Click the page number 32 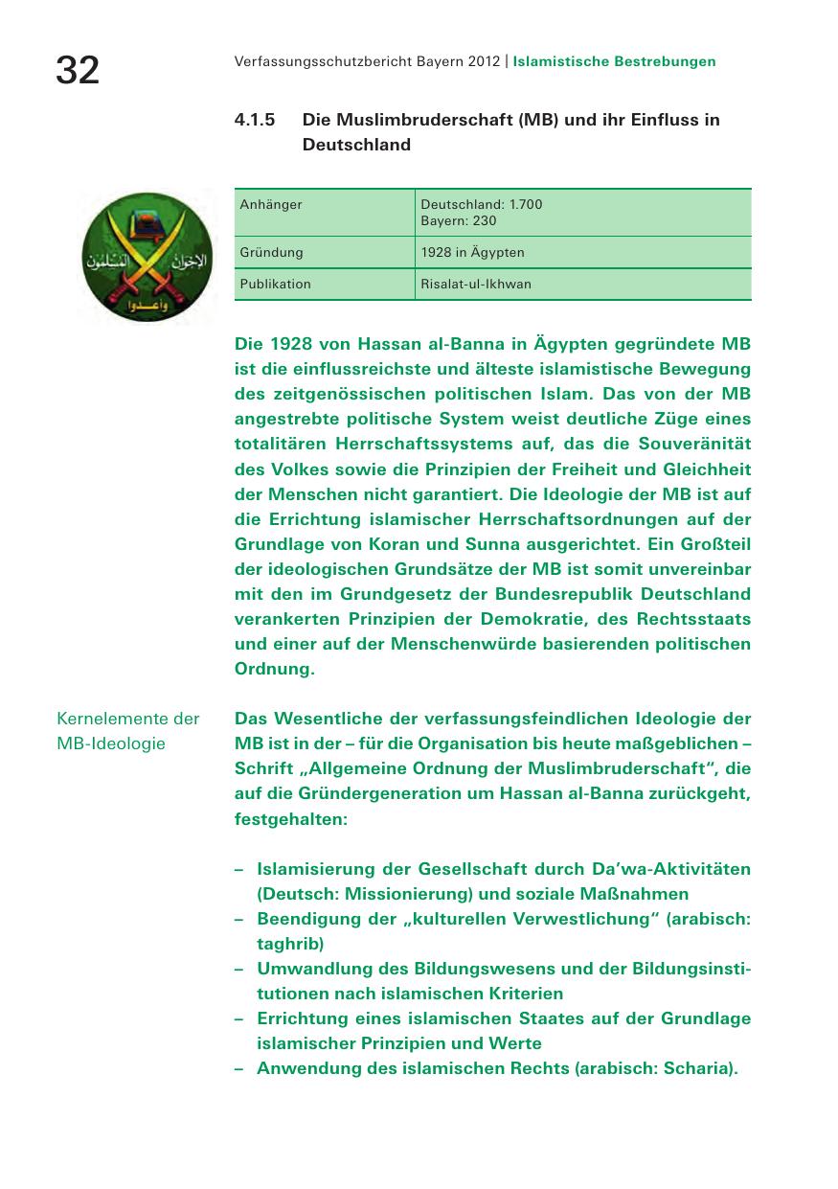[x=78, y=69]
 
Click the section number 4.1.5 [x=255, y=120]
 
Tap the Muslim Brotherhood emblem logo [x=147, y=255]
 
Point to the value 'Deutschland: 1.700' [x=482, y=204]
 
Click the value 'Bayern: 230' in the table [x=459, y=220]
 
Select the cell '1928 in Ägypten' [x=472, y=252]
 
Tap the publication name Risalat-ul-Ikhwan [x=476, y=284]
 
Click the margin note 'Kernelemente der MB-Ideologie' [x=128, y=730]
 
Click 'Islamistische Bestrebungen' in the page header [x=614, y=61]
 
